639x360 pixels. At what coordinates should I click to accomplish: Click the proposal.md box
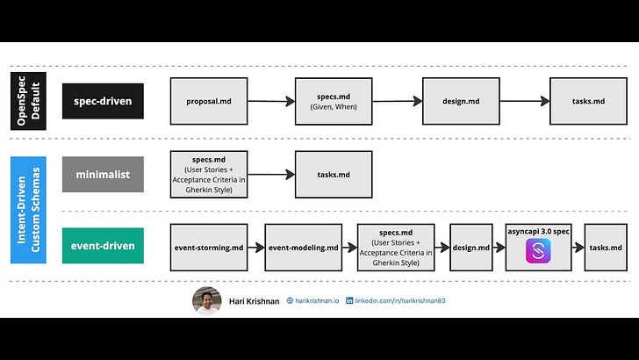pyautogui.click(x=209, y=101)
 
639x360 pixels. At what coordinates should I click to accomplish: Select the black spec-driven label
pyautogui.click(x=103, y=101)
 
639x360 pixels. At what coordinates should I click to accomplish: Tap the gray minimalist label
pyautogui.click(x=103, y=174)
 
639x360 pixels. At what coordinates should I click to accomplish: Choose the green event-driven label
pyautogui.click(x=103, y=246)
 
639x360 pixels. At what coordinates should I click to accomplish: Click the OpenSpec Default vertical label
pyautogui.click(x=28, y=101)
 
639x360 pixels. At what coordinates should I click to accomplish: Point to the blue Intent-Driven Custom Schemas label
pyautogui.click(x=28, y=210)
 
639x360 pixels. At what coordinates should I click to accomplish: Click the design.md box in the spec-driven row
pyautogui.click(x=461, y=101)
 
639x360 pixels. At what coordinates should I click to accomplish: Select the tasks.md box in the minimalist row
pyautogui.click(x=334, y=175)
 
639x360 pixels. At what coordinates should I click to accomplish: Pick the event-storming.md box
pyautogui.click(x=209, y=248)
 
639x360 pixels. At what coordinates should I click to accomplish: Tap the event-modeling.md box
pyautogui.click(x=303, y=248)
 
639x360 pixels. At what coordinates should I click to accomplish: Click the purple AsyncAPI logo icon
pyautogui.click(x=538, y=251)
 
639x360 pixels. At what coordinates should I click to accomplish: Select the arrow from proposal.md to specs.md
pyautogui.click(x=271, y=101)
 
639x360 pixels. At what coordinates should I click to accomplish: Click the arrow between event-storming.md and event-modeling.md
pyautogui.click(x=256, y=248)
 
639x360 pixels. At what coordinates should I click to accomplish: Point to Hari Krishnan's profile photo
pyautogui.click(x=207, y=301)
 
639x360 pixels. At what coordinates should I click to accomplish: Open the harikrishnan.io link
pyautogui.click(x=317, y=300)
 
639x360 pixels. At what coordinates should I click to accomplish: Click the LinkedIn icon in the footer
pyautogui.click(x=349, y=300)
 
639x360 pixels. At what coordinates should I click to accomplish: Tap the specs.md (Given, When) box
pyautogui.click(x=334, y=101)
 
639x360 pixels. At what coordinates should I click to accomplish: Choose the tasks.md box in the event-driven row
pyautogui.click(x=606, y=248)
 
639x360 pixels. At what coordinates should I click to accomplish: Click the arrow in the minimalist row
pyautogui.click(x=271, y=175)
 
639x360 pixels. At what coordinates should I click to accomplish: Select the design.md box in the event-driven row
pyautogui.click(x=471, y=248)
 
